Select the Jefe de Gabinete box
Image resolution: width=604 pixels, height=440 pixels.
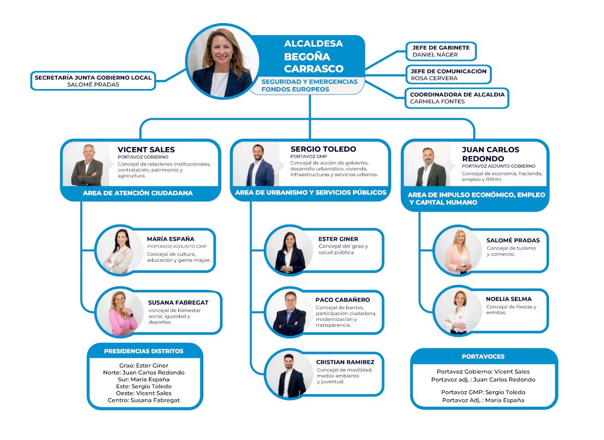click(440, 51)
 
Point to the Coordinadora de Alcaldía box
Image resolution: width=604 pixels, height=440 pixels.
click(457, 98)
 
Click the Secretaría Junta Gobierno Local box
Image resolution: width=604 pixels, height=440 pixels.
click(93, 81)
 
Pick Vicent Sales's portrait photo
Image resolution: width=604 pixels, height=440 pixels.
click(87, 165)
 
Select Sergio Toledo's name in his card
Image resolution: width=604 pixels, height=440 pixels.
click(323, 150)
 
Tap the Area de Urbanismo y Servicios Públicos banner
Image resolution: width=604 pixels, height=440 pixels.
click(311, 193)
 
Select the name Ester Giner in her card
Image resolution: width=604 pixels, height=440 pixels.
click(338, 239)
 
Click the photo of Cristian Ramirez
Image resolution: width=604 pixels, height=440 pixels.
click(289, 375)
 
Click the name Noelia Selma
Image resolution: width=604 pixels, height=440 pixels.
click(509, 299)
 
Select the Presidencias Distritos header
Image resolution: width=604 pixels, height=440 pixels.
click(144, 351)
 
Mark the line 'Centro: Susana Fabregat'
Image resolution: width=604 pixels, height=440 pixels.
click(144, 400)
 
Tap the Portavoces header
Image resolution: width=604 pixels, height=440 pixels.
click(483, 356)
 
